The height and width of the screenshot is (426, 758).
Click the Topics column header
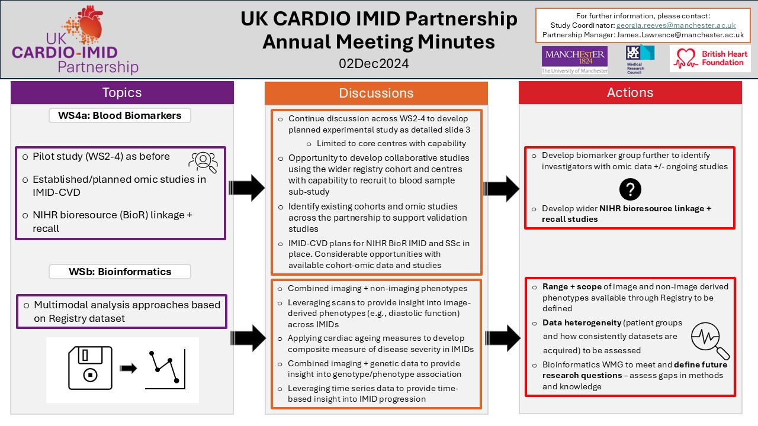click(x=122, y=93)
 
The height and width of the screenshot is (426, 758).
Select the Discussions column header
click(x=376, y=93)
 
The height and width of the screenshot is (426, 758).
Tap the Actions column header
click(x=630, y=93)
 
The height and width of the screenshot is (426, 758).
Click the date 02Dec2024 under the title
click(x=374, y=63)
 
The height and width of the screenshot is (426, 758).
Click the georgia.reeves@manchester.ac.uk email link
click(x=676, y=25)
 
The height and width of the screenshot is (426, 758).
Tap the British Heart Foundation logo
click(x=710, y=59)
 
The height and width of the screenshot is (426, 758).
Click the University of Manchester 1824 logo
click(x=574, y=60)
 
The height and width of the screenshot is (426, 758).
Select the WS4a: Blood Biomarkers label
click(x=120, y=115)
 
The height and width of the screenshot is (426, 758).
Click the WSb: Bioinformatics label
click(x=120, y=272)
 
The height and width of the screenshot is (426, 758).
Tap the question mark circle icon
click(x=630, y=189)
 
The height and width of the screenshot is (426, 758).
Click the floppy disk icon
click(x=90, y=368)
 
